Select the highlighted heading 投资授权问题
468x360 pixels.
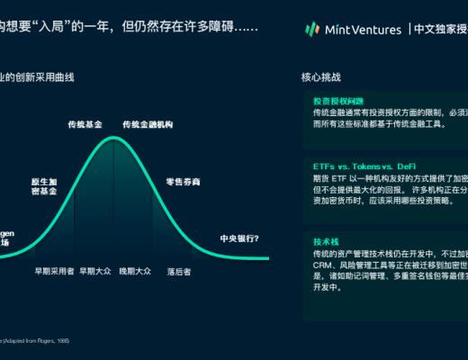337,101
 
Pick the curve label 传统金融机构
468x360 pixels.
146,123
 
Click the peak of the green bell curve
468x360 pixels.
112,138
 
